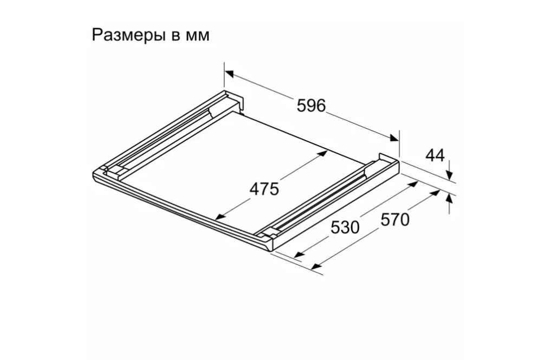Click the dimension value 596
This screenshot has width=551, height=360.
[311, 106]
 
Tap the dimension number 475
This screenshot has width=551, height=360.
[264, 189]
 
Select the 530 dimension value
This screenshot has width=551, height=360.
[345, 227]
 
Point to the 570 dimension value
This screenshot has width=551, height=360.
[394, 220]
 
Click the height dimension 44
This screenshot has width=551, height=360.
[435, 156]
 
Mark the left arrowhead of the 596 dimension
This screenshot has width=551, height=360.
[229, 73]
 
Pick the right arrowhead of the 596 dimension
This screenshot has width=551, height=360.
[394, 139]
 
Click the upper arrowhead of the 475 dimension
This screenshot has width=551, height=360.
[323, 153]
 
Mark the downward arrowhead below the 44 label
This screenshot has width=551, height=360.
[449, 174]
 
